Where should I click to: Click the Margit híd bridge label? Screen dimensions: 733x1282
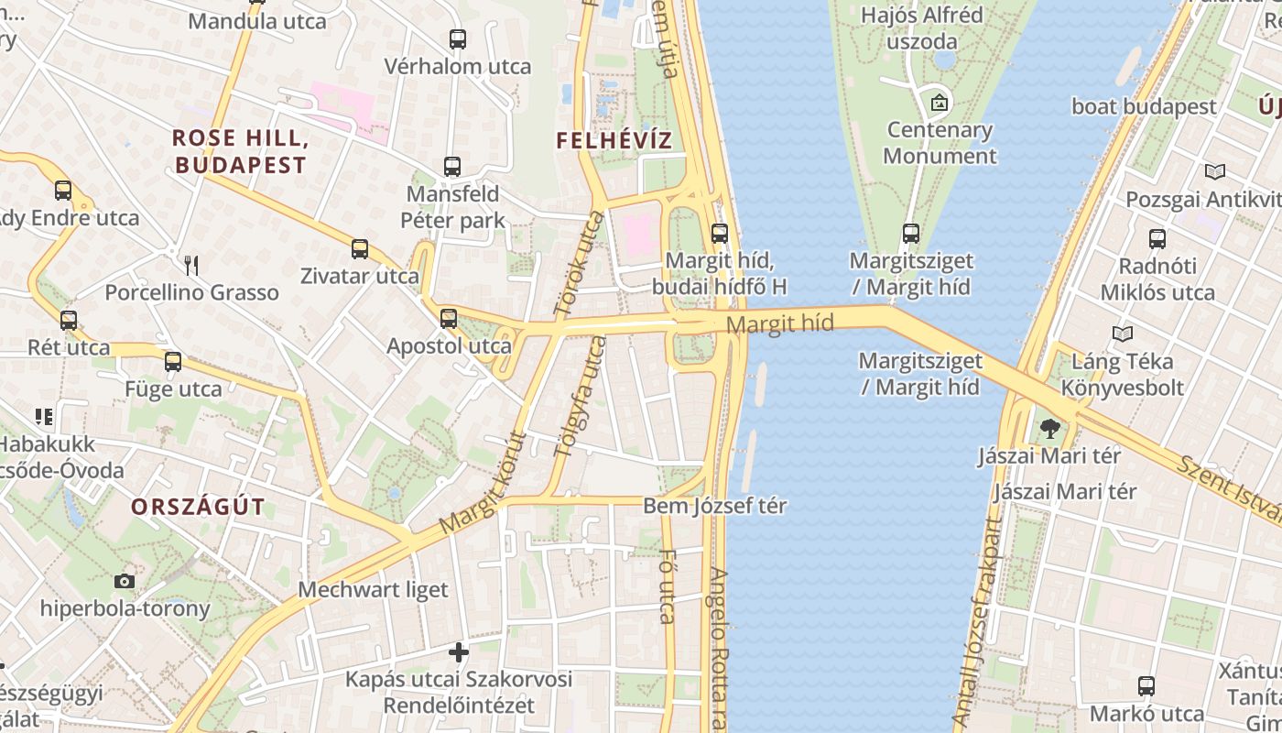click(x=779, y=323)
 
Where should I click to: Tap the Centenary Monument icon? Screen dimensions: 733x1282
click(x=939, y=103)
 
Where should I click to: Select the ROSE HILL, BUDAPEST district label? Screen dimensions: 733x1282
click(x=239, y=152)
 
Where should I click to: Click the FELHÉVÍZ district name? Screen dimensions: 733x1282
click(x=614, y=141)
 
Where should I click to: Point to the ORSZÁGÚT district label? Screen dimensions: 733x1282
click(x=198, y=507)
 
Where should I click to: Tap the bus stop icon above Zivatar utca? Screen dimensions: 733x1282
click(x=360, y=249)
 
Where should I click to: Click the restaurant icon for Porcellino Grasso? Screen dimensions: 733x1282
click(x=191, y=266)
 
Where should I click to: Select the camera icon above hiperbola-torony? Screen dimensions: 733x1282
click(x=125, y=581)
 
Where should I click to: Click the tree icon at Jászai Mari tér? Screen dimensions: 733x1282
click(x=1049, y=428)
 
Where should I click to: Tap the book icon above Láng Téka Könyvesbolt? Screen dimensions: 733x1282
click(x=1123, y=334)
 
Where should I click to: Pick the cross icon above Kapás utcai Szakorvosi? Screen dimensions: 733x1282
click(x=459, y=652)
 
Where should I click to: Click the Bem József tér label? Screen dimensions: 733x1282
click(x=714, y=506)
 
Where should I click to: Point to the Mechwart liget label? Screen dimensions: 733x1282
click(x=374, y=589)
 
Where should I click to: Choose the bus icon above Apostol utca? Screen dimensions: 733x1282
click(x=449, y=319)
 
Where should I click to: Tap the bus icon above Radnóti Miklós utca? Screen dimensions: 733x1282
click(x=1157, y=239)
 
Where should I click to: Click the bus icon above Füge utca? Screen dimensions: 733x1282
click(x=173, y=362)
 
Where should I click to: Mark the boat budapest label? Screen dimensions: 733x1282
click(x=1144, y=106)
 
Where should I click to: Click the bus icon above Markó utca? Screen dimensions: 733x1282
click(x=1146, y=686)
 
